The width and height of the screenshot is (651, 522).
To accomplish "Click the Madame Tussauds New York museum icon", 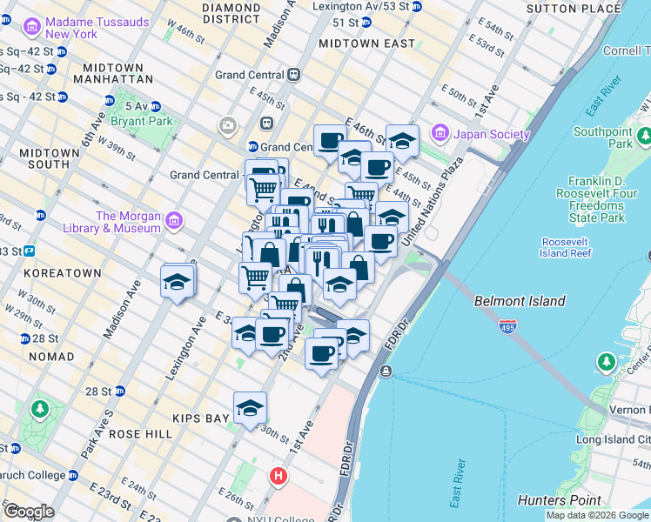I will [32, 27].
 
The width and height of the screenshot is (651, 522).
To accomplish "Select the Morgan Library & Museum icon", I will [175, 222].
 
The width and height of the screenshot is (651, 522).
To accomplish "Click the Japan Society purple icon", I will [440, 134].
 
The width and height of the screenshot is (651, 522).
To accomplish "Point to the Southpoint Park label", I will [602, 137].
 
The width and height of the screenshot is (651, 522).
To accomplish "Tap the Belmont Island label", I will [520, 301].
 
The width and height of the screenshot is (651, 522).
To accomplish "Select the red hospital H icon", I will [279, 476].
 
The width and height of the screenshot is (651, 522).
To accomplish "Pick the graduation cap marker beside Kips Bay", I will [250, 407].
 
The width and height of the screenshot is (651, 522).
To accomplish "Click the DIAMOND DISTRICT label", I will [231, 12].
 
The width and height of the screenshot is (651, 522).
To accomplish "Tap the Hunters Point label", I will [559, 500].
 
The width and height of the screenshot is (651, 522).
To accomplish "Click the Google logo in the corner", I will [29, 512].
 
